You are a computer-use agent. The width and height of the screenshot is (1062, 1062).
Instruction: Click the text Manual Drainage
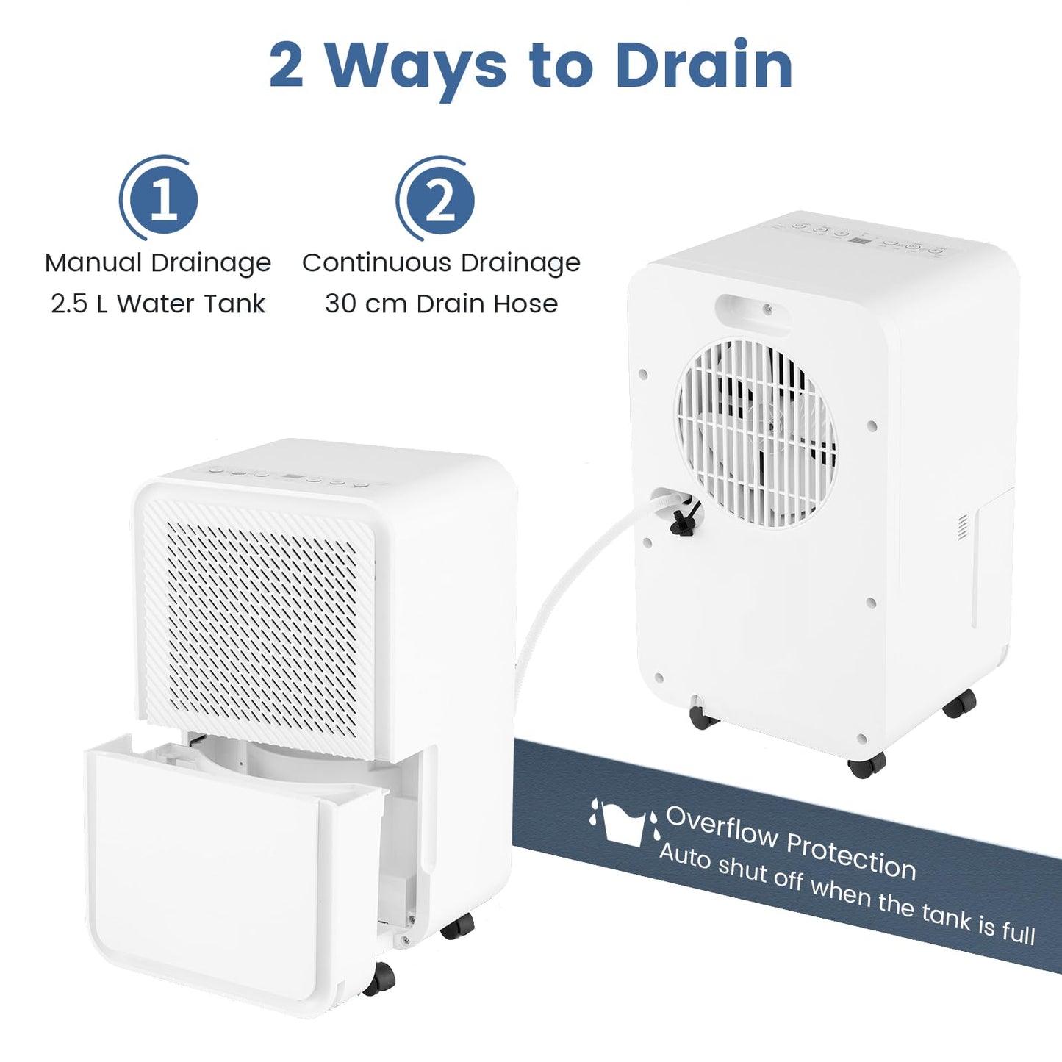(158, 263)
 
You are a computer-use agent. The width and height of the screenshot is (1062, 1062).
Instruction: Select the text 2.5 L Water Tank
(158, 304)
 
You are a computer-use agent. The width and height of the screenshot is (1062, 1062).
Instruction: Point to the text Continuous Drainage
(441, 263)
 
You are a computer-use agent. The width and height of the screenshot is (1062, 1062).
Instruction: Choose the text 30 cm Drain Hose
(441, 304)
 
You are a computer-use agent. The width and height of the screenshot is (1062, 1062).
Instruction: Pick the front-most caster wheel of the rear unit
(867, 766)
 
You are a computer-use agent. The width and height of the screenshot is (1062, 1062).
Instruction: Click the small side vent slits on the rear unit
(963, 527)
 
